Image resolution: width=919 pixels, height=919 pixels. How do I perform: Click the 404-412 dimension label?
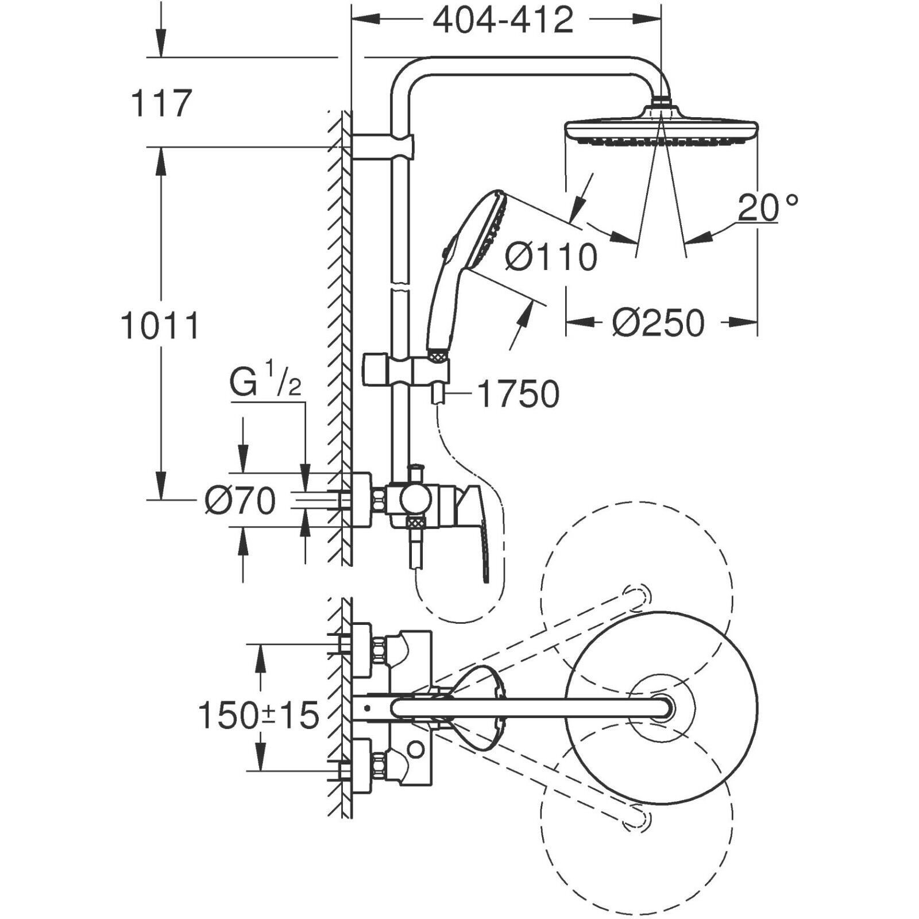click(503, 21)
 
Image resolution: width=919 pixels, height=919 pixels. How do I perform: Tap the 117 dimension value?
click(161, 103)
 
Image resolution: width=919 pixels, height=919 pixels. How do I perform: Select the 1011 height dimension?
click(160, 326)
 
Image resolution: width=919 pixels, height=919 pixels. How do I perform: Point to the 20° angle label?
click(767, 207)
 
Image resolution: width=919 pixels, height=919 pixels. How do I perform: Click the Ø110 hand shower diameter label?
click(551, 257)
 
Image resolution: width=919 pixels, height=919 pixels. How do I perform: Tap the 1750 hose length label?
click(518, 395)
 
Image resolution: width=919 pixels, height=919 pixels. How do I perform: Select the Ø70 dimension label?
click(240, 500)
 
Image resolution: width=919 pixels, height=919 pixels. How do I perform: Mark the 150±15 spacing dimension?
click(258, 716)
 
